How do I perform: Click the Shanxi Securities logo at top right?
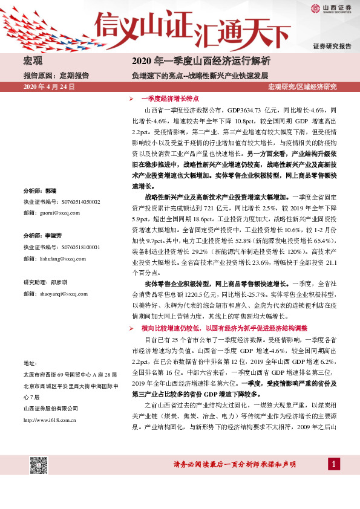pyautogui.click(x=331, y=8)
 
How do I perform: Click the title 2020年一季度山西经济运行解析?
pyautogui.click(x=200, y=62)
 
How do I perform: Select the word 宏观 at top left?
pyautogui.click(x=33, y=62)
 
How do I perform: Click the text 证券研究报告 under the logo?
pyautogui.click(x=332, y=46)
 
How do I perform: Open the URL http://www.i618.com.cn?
pyautogui.click(x=50, y=419)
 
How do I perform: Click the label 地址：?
pyautogui.click(x=30, y=363)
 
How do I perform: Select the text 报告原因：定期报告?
pyautogui.click(x=56, y=76)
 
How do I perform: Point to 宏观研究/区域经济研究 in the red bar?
pyautogui.click(x=302, y=88)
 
